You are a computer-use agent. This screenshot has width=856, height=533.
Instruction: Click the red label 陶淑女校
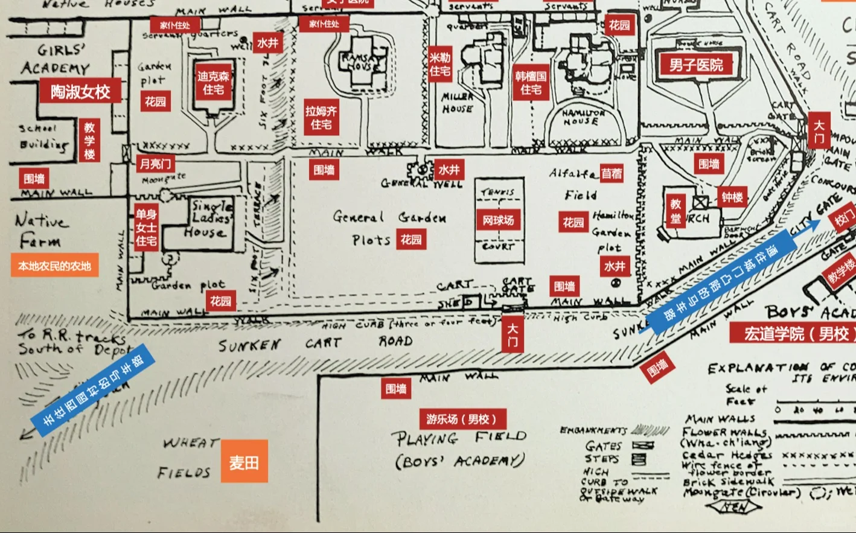pyautogui.click(x=80, y=92)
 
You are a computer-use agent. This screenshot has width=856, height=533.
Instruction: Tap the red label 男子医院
pyautogui.click(x=695, y=65)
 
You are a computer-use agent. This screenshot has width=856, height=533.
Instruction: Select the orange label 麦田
pyautogui.click(x=244, y=462)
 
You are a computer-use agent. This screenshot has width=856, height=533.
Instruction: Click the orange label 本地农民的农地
pyautogui.click(x=54, y=266)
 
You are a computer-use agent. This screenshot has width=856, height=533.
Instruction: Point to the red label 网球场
pyautogui.click(x=498, y=220)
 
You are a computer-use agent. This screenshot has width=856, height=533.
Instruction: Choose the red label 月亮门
pyautogui.click(x=155, y=164)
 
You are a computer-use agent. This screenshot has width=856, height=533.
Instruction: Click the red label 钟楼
pyautogui.click(x=732, y=197)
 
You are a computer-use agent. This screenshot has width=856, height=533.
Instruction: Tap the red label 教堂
pyautogui.click(x=676, y=211)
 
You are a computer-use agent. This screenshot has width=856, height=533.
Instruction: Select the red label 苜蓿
pyautogui.click(x=611, y=174)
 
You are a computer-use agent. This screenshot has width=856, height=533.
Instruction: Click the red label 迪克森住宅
pyautogui.click(x=213, y=83)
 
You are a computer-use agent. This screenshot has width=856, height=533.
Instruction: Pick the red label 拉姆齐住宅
pyautogui.click(x=321, y=118)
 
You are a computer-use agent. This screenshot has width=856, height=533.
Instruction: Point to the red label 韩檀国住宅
pyautogui.click(x=531, y=83)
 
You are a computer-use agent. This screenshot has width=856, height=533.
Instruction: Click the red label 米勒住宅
pyautogui.click(x=440, y=65)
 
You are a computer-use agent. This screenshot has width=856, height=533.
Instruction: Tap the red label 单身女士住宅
pyautogui.click(x=146, y=228)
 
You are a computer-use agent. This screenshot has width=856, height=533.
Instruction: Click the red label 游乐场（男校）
pyautogui.click(x=462, y=419)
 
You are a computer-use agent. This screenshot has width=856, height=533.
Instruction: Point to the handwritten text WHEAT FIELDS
pyautogui.click(x=187, y=458)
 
